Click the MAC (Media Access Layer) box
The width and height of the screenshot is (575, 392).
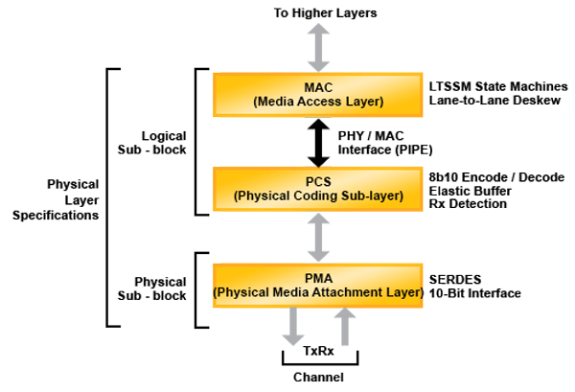317,93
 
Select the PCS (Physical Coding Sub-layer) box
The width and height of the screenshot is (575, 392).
317,189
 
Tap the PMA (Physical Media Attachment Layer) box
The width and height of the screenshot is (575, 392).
317,284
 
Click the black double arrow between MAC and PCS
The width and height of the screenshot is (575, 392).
317,141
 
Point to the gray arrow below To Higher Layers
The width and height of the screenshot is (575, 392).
317,44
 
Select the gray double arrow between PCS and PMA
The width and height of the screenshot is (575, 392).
317,235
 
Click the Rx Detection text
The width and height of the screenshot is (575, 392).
467,204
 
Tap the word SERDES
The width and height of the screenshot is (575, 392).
454,277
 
